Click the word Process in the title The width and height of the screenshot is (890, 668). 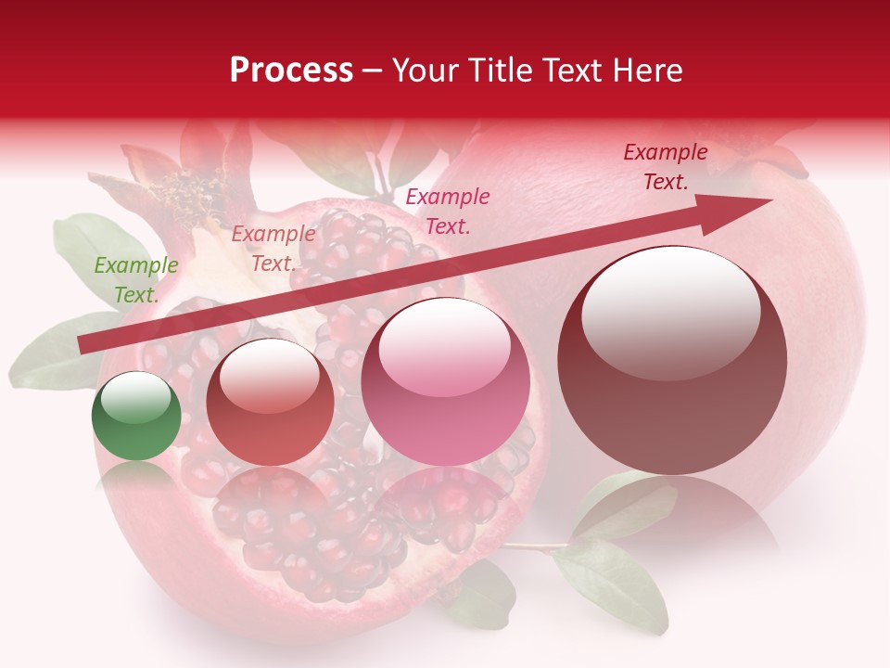tap(291, 71)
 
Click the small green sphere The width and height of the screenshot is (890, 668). tap(136, 417)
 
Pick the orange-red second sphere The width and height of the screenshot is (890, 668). tap(270, 402)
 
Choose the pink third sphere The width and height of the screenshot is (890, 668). tap(445, 381)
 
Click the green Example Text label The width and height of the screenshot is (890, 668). tap(135, 280)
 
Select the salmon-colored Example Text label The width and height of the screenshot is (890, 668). tap(273, 249)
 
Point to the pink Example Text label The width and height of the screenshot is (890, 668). tap(448, 211)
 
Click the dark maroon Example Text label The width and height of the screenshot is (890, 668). tap(665, 167)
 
